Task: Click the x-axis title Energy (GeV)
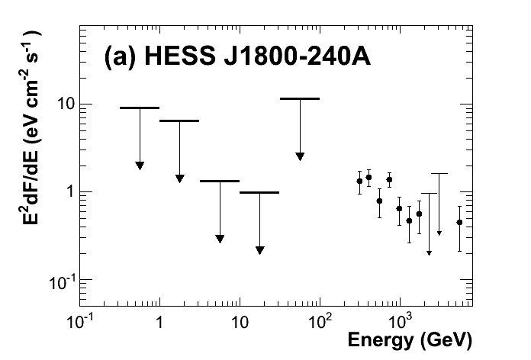[x=411, y=338]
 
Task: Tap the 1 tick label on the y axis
[x=68, y=192]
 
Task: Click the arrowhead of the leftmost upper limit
[x=140, y=166]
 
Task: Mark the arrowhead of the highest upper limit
[x=300, y=156]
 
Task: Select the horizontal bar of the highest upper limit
[x=300, y=98]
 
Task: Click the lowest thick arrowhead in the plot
[x=259, y=249]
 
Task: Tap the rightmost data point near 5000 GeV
[x=459, y=222]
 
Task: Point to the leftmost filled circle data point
[x=359, y=181]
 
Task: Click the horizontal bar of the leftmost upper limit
[x=140, y=108]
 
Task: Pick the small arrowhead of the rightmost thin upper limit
[x=439, y=233]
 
